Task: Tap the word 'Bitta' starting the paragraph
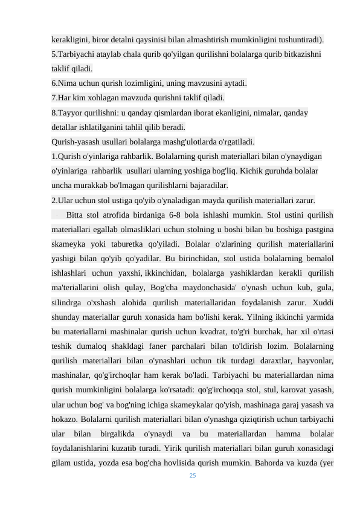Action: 76,215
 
